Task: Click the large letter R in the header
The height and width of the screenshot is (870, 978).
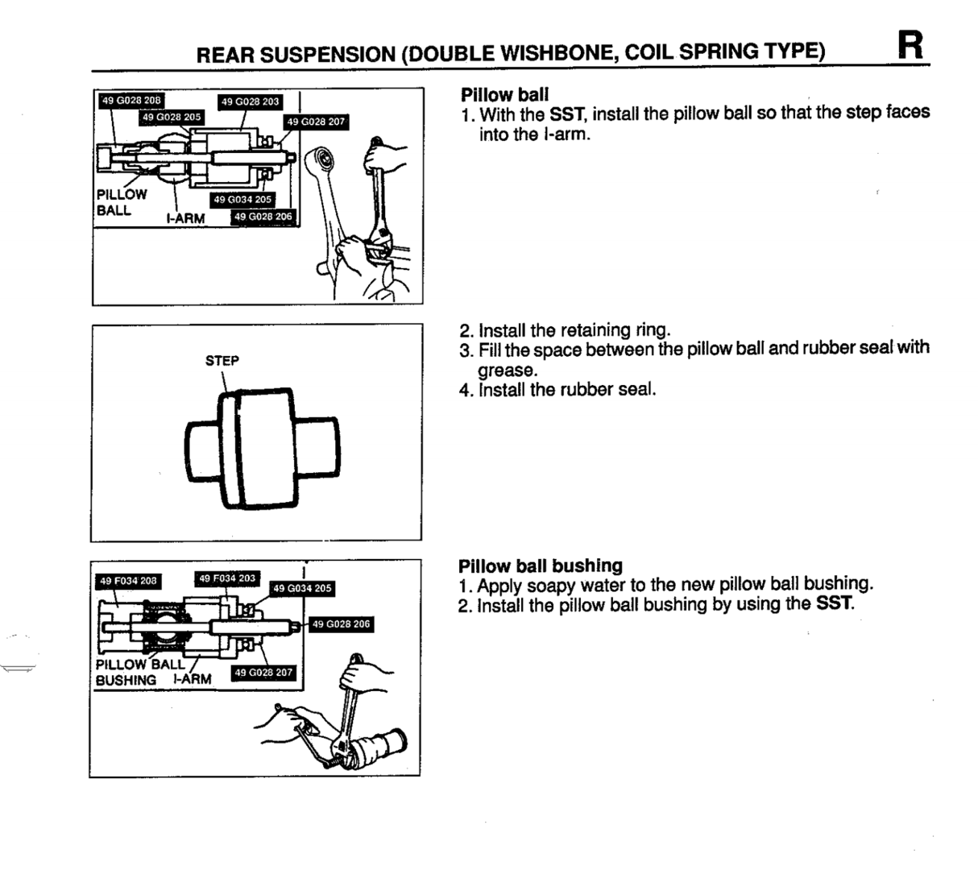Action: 910,45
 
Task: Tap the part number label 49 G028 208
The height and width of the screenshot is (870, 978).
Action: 131,101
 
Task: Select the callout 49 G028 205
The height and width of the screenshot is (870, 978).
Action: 172,117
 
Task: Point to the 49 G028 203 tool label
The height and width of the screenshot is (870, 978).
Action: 250,101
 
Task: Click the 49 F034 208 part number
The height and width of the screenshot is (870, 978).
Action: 128,581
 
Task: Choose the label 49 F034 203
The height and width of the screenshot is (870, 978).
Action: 227,578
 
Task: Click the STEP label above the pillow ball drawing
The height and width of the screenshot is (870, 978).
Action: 222,361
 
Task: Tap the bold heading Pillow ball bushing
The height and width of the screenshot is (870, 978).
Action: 541,565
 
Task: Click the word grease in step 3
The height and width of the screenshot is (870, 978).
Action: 508,371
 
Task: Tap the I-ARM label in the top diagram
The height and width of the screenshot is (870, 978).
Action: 185,218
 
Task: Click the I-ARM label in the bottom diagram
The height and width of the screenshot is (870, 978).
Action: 192,679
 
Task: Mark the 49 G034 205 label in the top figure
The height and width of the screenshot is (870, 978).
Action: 242,200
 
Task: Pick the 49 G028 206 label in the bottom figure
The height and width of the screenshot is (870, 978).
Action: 341,623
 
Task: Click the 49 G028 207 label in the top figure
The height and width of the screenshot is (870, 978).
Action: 316,122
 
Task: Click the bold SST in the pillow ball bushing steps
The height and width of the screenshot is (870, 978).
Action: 834,603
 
